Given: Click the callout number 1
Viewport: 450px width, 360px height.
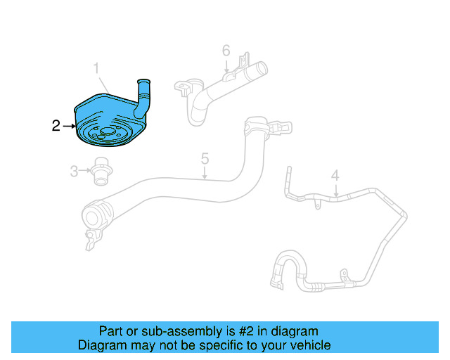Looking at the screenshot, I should tap(98, 68).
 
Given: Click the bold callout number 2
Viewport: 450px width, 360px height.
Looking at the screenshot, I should tap(56, 127).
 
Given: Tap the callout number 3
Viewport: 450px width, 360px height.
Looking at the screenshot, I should tap(74, 169).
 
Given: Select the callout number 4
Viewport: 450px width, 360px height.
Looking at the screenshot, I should tap(335, 175).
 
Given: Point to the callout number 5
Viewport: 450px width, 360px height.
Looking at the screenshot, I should tap(205, 159).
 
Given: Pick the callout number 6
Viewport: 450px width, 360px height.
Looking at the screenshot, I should tap(226, 51).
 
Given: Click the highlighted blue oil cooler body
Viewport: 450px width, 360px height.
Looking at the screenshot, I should tap(105, 112).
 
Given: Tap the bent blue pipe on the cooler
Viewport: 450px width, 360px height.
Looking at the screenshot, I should tap(146, 98).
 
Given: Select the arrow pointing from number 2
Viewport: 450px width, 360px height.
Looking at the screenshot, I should tap(69, 127).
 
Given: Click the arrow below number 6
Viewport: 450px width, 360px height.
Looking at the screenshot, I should tap(226, 66).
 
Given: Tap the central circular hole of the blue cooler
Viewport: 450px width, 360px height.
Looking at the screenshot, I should tap(107, 131).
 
